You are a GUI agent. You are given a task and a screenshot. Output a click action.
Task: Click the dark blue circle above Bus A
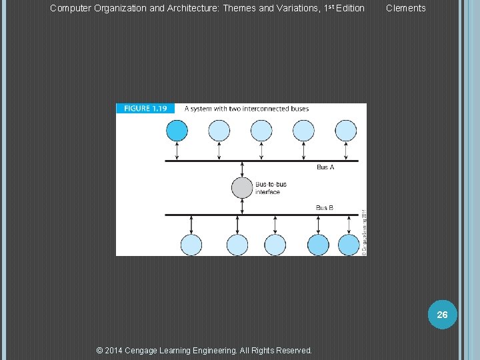tap(177, 130)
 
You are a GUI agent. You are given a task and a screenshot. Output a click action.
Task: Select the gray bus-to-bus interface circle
tap(241, 187)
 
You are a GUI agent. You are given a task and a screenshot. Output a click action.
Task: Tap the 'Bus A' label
tap(325, 167)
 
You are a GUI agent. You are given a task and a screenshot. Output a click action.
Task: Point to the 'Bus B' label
tap(325, 207)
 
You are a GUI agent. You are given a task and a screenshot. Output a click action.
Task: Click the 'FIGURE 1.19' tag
tap(145, 108)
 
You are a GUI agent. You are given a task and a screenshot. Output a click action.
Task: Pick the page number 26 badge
tap(442, 315)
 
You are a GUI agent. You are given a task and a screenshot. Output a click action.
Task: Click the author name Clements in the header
tap(405, 8)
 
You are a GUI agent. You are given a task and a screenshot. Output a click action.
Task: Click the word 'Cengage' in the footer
tap(151, 350)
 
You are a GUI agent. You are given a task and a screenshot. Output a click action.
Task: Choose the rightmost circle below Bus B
tap(349, 245)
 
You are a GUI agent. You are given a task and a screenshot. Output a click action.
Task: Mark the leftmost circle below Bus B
tap(191, 245)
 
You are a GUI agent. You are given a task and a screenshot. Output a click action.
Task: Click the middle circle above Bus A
tap(261, 130)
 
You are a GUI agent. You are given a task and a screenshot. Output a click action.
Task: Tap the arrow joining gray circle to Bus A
tap(241, 169)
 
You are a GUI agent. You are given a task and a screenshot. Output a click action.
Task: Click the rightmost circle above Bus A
tap(345, 130)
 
